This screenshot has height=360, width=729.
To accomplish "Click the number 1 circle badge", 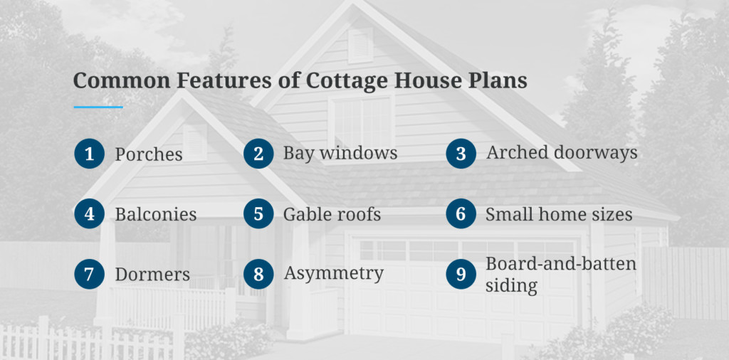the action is [x=89, y=154].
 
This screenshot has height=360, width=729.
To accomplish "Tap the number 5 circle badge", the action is [x=258, y=213].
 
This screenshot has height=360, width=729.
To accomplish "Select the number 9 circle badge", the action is [x=461, y=274].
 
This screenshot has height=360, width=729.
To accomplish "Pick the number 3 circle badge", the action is [x=461, y=154].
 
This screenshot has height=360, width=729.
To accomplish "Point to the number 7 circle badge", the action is [x=89, y=274].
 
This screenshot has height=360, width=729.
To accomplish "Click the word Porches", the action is [x=149, y=154].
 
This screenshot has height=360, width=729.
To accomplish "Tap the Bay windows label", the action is [x=340, y=153].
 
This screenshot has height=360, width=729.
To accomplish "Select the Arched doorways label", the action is [x=562, y=153].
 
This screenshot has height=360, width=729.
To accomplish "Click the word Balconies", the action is [x=156, y=214].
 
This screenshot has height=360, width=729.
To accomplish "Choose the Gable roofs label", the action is [x=332, y=214].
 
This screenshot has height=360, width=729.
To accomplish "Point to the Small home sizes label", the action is [x=559, y=214].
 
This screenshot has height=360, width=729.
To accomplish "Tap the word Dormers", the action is [x=152, y=274].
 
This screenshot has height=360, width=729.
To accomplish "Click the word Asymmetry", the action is [x=334, y=274].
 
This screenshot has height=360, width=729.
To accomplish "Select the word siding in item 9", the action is [x=511, y=285].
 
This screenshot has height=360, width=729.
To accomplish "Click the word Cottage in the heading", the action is [x=346, y=81].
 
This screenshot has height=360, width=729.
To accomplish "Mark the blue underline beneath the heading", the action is [x=98, y=107].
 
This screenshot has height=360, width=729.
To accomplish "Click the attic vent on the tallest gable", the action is [x=361, y=45].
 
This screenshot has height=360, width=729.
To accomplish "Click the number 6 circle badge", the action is [x=461, y=213].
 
